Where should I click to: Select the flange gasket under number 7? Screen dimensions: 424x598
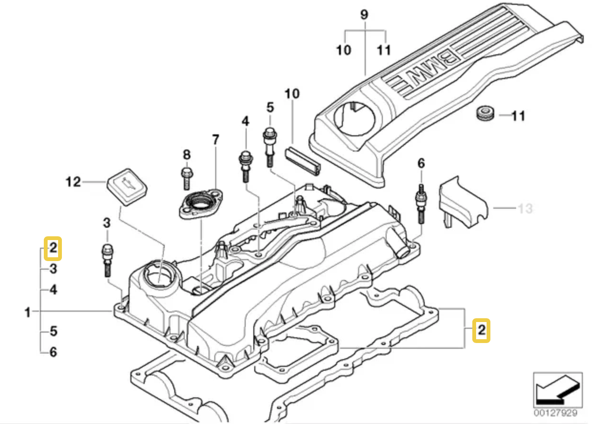click(200, 204)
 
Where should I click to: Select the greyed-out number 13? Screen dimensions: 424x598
click(525, 209)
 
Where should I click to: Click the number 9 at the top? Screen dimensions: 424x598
click(364, 14)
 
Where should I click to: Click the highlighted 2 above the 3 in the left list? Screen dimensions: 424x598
click(53, 248)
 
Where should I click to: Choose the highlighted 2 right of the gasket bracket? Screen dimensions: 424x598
click(481, 330)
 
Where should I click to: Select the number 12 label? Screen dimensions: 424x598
click(74, 182)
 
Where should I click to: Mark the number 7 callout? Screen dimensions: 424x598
click(215, 140)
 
